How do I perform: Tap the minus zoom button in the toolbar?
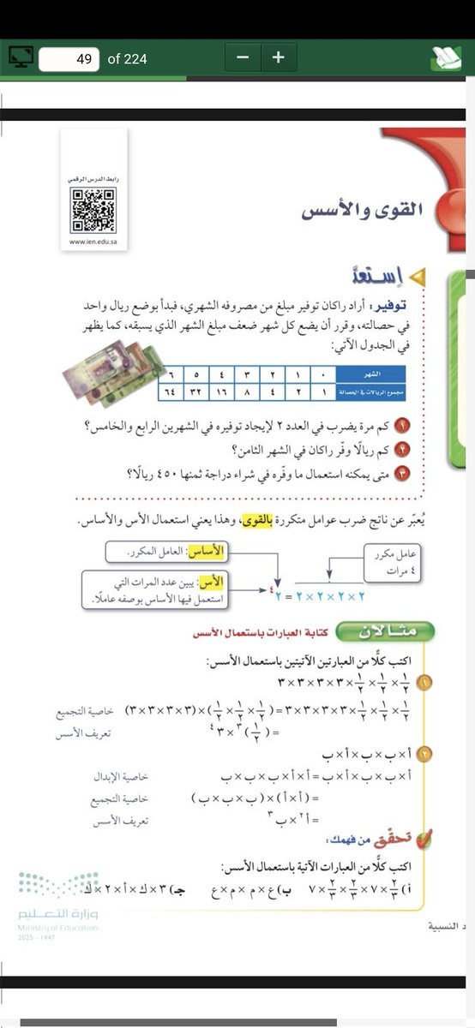point(244,58)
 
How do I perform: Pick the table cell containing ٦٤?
point(169,390)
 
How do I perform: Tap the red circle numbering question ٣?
point(420,473)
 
